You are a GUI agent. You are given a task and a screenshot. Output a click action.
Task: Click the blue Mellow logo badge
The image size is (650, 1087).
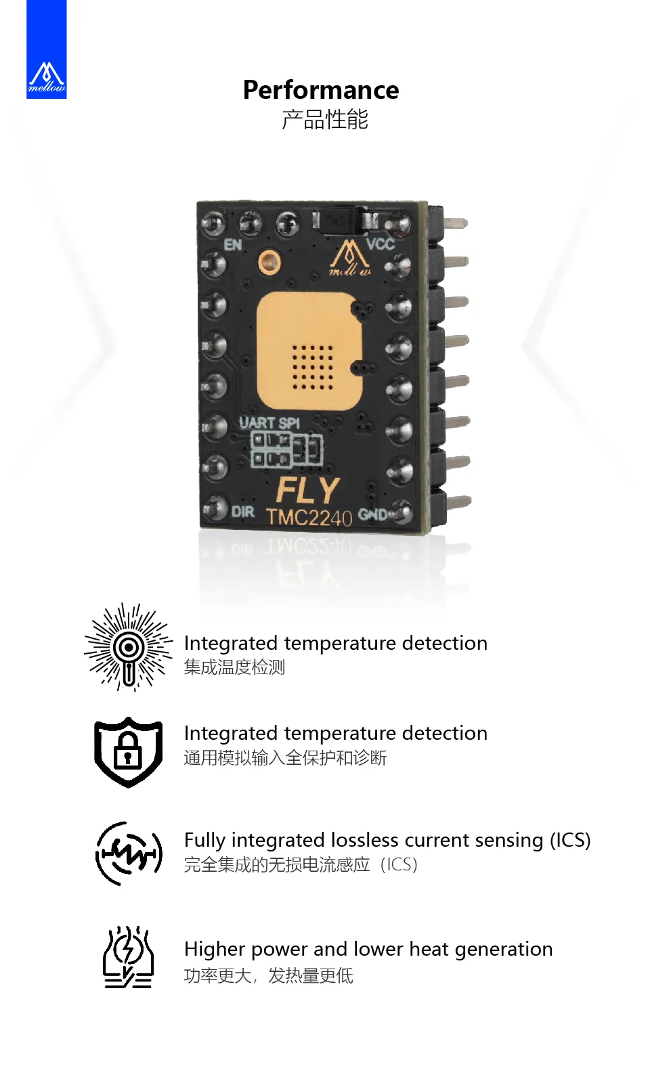(47, 49)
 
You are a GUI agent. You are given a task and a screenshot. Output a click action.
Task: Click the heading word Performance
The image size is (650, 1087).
(321, 90)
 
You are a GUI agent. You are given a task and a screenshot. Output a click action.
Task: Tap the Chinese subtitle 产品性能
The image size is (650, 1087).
(325, 119)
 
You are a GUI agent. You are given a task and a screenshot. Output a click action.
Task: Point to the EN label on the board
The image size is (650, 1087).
(233, 245)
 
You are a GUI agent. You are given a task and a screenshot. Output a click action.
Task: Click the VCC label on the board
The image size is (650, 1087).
(381, 244)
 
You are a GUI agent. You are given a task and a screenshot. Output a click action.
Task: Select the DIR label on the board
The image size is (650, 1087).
(242, 512)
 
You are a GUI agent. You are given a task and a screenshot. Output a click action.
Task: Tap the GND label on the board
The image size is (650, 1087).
(372, 514)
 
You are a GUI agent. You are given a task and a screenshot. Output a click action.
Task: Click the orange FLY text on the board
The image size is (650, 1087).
(308, 491)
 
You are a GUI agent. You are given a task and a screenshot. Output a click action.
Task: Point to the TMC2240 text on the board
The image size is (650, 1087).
(309, 518)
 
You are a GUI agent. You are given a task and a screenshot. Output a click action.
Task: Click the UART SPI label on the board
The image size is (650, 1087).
(269, 423)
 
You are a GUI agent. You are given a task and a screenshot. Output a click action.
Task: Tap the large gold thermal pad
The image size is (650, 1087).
(309, 351)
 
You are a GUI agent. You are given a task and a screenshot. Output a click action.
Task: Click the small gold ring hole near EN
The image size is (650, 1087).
(269, 263)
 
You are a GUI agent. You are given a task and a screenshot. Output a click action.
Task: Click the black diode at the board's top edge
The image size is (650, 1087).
(345, 221)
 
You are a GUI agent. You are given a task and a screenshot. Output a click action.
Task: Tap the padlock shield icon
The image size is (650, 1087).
(128, 752)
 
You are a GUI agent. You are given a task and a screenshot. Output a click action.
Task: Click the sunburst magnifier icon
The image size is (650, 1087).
(128, 647)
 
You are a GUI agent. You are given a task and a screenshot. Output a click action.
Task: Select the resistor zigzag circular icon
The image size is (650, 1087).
(129, 853)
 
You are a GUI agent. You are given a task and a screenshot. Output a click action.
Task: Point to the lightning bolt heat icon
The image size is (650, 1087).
(128, 956)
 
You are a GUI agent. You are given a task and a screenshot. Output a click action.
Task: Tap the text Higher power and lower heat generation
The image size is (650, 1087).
(368, 949)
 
